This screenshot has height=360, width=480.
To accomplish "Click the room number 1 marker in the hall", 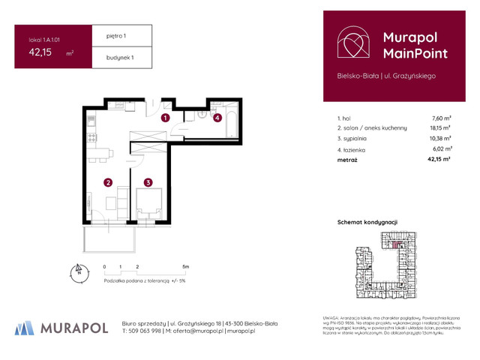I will (x=166, y=118).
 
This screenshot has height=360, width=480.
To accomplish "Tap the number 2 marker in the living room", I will (x=108, y=182).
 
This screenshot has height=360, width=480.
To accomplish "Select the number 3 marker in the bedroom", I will (x=149, y=182).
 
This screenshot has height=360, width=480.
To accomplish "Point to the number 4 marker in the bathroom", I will (x=217, y=118).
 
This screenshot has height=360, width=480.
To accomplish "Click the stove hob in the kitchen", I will (x=91, y=137).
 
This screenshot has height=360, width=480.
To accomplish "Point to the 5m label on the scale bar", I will (x=185, y=267).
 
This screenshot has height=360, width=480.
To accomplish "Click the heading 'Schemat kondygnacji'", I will (x=367, y=222).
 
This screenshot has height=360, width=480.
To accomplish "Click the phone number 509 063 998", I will (x=147, y=331).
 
